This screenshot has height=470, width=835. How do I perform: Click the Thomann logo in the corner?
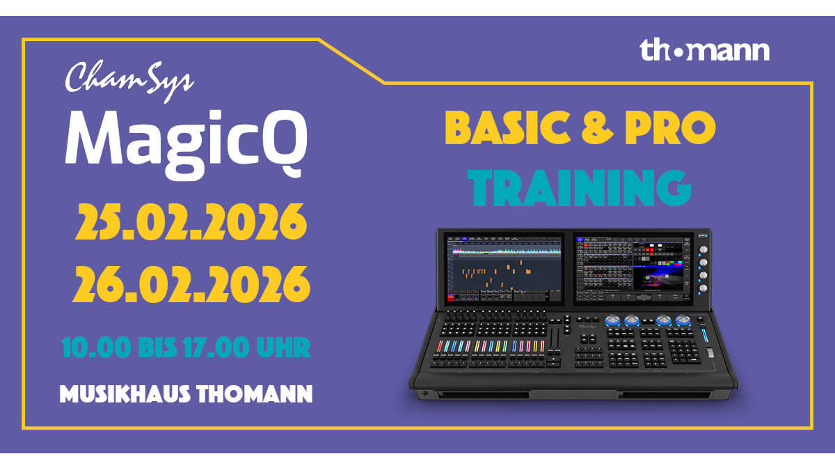point(704,50)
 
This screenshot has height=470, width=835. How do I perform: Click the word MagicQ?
point(186,144)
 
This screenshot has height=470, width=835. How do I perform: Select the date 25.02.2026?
point(191,222)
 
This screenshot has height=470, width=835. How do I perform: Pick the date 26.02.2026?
point(191,284)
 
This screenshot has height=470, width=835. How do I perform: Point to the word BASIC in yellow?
point(508,127)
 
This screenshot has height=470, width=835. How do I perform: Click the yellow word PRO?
point(670,127)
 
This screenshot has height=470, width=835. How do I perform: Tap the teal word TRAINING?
point(580,187)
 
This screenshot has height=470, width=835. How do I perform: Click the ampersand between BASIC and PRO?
point(597,127)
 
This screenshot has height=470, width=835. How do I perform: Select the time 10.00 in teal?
point(97,347)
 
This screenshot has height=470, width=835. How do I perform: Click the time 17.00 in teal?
point(216,347)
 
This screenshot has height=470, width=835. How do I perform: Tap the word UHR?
point(283,347)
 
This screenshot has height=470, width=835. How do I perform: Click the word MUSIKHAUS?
point(125,394)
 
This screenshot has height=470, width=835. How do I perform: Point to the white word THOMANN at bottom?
point(255,394)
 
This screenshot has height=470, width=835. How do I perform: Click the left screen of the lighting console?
point(504,269)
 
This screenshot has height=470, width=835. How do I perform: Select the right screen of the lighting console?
point(633,269)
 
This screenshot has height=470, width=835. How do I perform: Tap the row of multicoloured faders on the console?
point(491,346)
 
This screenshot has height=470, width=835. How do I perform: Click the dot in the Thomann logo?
point(679,54)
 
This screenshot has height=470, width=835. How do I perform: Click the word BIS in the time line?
point(157,347)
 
